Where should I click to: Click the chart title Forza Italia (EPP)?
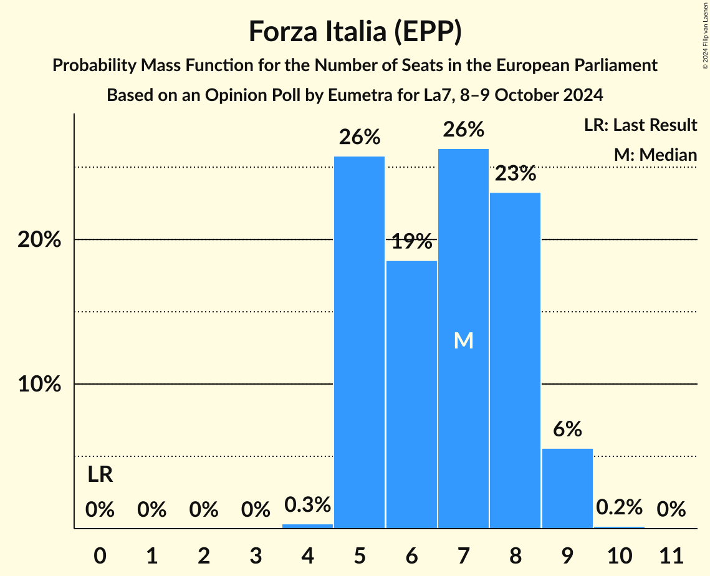[355, 31]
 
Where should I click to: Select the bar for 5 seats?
[360, 342]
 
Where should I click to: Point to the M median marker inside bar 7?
[464, 340]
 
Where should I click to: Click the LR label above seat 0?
[100, 475]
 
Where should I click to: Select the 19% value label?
[411, 241]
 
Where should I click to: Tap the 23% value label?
[515, 173]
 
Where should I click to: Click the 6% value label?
[567, 429]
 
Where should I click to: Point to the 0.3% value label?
[307, 505]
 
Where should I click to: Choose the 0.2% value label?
[619, 507]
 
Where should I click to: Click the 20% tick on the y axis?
[39, 240]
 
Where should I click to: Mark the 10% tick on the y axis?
[39, 385]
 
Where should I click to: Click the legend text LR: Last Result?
[640, 125]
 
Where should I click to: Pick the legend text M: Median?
[655, 155]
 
